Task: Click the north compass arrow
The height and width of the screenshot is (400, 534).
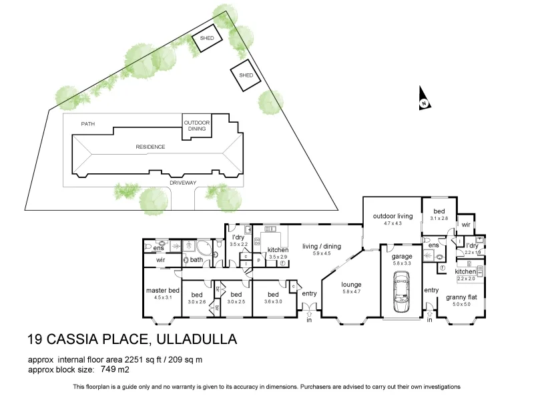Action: (423, 98)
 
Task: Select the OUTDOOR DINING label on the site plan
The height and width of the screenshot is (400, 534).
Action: (197, 125)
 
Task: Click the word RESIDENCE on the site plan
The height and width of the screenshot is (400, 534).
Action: (150, 147)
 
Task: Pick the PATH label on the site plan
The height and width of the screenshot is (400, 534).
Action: (88, 124)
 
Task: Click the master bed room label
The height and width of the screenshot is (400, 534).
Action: (163, 290)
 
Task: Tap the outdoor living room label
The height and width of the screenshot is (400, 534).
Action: (392, 215)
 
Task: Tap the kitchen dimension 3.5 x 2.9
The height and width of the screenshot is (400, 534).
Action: (278, 257)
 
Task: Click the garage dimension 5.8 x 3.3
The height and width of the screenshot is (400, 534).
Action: (402, 263)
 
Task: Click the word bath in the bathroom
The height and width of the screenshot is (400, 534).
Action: (196, 260)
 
